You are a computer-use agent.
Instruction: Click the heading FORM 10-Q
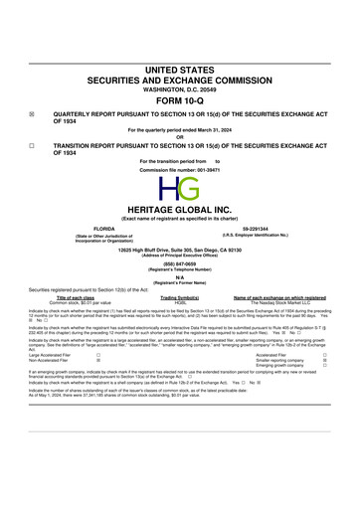click(x=180, y=101)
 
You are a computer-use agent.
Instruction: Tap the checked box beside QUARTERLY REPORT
click(x=32, y=114)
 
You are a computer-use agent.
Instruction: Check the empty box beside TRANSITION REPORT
click(x=32, y=145)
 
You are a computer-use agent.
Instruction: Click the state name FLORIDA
click(x=96, y=228)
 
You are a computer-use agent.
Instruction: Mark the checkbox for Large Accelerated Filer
click(x=97, y=381)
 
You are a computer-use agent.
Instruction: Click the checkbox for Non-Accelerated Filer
click(x=97, y=387)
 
